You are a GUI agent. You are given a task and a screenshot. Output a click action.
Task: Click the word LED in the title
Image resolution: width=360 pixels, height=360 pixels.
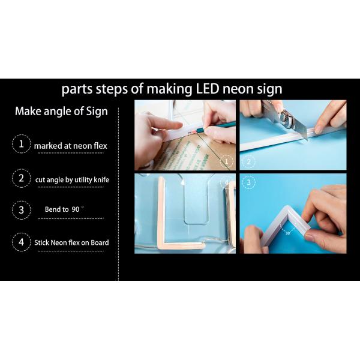pos(207,89)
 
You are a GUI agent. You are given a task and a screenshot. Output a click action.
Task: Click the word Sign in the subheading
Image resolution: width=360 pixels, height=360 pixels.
pos(97,112)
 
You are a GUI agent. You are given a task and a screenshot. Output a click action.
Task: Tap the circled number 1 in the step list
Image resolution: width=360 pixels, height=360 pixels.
pos(22,144)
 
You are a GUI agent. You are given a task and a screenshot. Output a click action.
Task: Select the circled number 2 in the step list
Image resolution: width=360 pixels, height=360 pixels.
pos(22,178)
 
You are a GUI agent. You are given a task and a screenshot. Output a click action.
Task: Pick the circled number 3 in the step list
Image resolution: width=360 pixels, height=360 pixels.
pos(22,210)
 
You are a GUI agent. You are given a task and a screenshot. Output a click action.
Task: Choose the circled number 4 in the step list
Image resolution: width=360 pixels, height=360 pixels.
pos(22,242)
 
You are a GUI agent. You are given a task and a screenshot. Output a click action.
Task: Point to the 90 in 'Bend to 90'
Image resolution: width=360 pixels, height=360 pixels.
pos(76,209)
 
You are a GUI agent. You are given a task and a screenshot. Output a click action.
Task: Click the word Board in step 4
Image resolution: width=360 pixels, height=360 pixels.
pos(100,242)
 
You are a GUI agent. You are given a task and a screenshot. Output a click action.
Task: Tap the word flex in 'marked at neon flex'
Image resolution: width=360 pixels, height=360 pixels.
pos(100,146)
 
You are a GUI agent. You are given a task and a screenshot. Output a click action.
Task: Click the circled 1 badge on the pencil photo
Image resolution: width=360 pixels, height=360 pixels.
pos(226,161)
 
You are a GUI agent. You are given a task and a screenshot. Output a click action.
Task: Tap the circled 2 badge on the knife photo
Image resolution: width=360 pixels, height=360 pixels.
pos(248,161)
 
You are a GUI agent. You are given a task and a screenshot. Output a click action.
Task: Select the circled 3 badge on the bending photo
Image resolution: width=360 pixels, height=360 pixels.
pos(248,182)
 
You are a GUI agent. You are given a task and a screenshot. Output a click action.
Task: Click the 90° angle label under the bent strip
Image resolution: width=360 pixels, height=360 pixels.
pos(288,233)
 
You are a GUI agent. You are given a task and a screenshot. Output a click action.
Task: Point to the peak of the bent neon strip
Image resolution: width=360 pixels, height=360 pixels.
pos(287,207)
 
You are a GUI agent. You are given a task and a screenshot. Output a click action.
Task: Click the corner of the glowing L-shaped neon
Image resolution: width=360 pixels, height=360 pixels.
pos(161,245)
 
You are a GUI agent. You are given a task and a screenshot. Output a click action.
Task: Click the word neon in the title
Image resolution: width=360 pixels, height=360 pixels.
pos(238,89)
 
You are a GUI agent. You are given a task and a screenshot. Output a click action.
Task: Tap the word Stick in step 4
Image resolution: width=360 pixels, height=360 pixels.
pos(41,242)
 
